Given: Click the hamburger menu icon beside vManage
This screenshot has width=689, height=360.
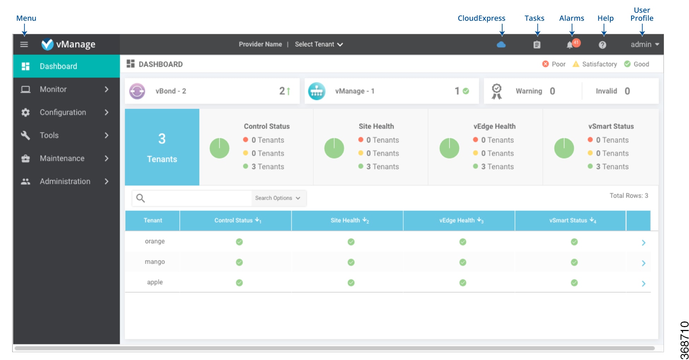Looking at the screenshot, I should click(24, 45).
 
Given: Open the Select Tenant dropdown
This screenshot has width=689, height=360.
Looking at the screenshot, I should click(319, 45).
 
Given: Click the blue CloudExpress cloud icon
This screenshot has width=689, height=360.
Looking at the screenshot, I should click(501, 45).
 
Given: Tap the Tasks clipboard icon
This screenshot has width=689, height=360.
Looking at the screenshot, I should click(537, 45).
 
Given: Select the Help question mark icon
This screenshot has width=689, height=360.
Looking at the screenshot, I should click(602, 45).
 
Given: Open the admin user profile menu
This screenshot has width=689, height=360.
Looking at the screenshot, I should click(645, 45).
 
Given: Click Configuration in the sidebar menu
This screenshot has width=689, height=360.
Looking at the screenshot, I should click(63, 112).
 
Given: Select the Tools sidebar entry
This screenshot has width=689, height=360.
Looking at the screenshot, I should click(49, 135).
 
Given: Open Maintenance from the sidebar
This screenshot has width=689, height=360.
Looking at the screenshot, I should click(62, 158).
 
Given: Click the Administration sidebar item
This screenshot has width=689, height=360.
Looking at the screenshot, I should click(65, 181).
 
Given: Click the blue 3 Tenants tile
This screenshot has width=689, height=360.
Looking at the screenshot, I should click(162, 147).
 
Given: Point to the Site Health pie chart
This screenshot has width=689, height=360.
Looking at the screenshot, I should click(334, 148).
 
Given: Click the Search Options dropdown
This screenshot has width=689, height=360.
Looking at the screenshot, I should click(278, 198).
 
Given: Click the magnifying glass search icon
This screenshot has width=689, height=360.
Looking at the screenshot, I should click(141, 198).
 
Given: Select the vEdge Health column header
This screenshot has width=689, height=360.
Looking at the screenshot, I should click(459, 220).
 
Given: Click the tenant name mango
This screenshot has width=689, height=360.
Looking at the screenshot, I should click(155, 262).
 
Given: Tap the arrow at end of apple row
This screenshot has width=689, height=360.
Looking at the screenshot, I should click(643, 283).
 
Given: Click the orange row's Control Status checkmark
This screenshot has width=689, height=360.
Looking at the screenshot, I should click(239, 242).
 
